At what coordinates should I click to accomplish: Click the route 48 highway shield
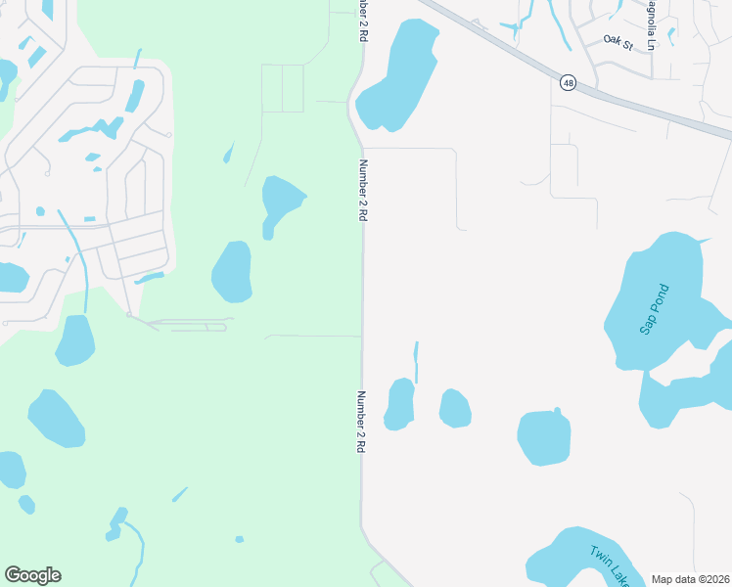tap(568, 83)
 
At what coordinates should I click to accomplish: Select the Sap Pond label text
tap(655, 309)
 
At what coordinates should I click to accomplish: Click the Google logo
tap(32, 575)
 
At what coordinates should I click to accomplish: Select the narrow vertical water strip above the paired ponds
tap(416, 362)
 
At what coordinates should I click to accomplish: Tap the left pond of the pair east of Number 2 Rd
tap(399, 404)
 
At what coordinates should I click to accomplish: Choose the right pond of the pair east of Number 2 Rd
tap(455, 408)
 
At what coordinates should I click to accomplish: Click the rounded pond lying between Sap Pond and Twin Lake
tap(544, 436)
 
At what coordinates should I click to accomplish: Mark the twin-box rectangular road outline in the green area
tap(283, 89)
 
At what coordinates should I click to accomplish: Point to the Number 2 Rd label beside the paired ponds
tap(360, 422)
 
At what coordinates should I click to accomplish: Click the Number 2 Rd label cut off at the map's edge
tap(362, 20)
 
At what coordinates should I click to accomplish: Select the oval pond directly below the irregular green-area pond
tap(232, 271)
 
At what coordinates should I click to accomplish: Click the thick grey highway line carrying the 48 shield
tap(646, 110)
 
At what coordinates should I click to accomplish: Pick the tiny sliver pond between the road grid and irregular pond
tap(229, 153)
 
